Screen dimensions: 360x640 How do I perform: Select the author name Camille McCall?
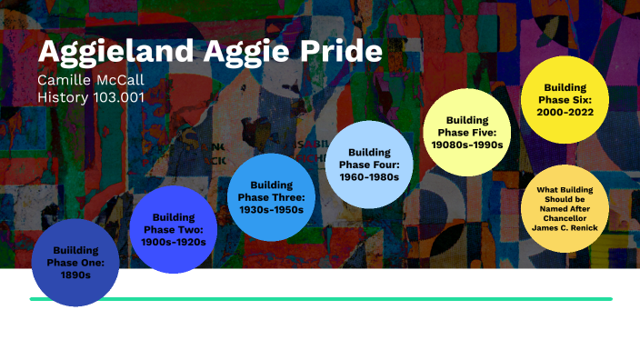pos(91,81)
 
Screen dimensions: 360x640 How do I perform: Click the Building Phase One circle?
pos(75,263)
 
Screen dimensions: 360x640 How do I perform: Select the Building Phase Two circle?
pos(174,229)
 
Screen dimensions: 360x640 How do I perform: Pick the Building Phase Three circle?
pos(270,197)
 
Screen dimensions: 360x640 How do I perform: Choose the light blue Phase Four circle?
pos(369,165)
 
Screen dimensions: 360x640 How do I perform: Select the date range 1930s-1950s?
pos(270,209)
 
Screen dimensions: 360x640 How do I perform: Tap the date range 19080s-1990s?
pos(468,144)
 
